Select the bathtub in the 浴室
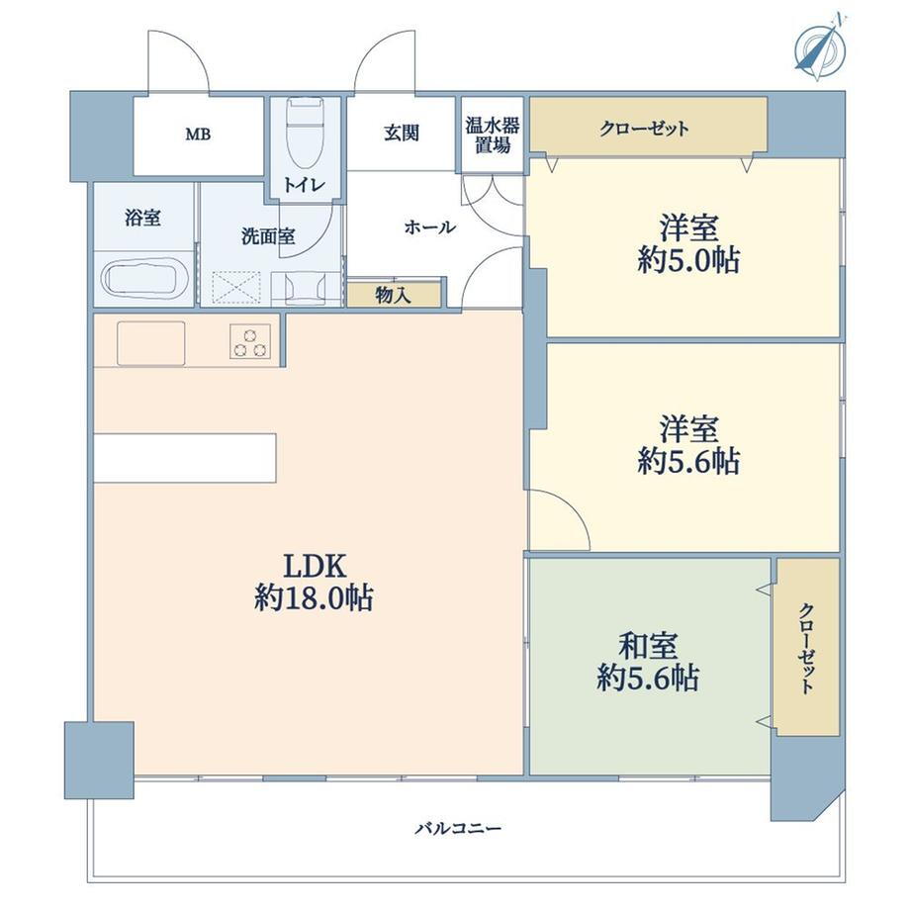click(144, 279)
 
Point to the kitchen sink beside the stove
click(151, 343)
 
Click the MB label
click(198, 135)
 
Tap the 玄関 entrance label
click(401, 134)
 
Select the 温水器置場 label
click(493, 136)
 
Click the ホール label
click(429, 227)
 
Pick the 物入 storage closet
click(394, 296)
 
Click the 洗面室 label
click(268, 236)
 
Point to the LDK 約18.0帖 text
click(314, 582)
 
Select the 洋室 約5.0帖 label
click(688, 243)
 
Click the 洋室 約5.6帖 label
click(688, 445)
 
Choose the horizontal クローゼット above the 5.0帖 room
click(649, 127)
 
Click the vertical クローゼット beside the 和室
click(808, 647)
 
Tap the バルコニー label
click(458, 828)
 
